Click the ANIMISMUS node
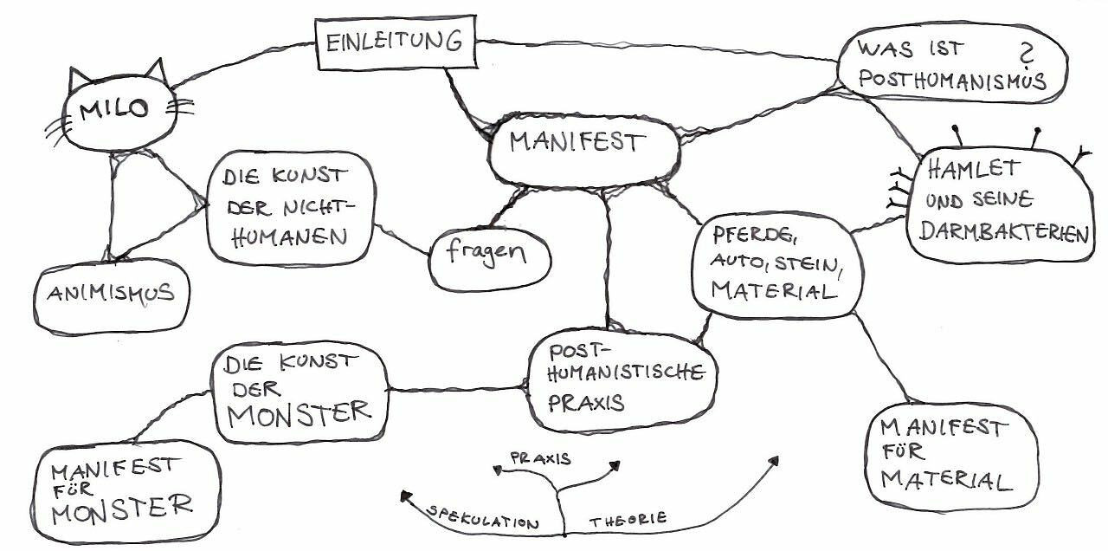pyautogui.click(x=111, y=294)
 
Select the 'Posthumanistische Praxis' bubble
pyautogui.click(x=623, y=378)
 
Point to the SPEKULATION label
pyautogui.click(x=485, y=519)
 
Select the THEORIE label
pyautogui.click(x=628, y=519)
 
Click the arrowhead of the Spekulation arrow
pyautogui.click(x=404, y=495)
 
